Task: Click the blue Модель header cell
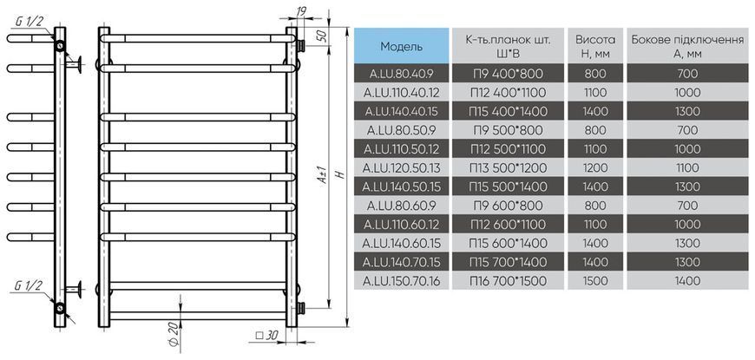(401, 46)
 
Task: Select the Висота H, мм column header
(595, 46)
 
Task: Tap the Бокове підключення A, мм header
(687, 46)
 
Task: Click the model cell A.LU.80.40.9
(401, 74)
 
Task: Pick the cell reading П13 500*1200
(509, 168)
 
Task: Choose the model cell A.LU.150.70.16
(401, 280)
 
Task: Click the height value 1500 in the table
(595, 280)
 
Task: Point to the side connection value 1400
(687, 280)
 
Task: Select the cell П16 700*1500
(509, 280)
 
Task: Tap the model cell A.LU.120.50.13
(401, 168)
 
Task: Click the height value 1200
(595, 168)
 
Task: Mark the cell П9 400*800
(509, 74)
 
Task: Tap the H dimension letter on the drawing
(340, 174)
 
